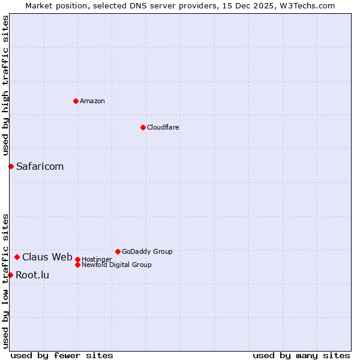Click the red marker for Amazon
(76, 101)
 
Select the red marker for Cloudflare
(143, 127)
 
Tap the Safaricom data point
(11, 166)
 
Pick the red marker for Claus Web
(17, 257)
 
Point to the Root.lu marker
(10, 275)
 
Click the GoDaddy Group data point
(118, 251)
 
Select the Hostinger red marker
(77, 259)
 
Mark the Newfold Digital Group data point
(77, 265)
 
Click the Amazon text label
(92, 101)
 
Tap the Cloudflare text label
(163, 127)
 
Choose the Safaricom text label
(40, 166)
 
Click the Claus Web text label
(47, 257)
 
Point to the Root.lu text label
(32, 275)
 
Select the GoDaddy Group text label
(147, 251)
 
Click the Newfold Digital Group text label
(116, 265)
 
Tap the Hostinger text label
(97, 259)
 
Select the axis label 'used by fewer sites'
(62, 355)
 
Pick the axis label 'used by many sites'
(301, 355)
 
